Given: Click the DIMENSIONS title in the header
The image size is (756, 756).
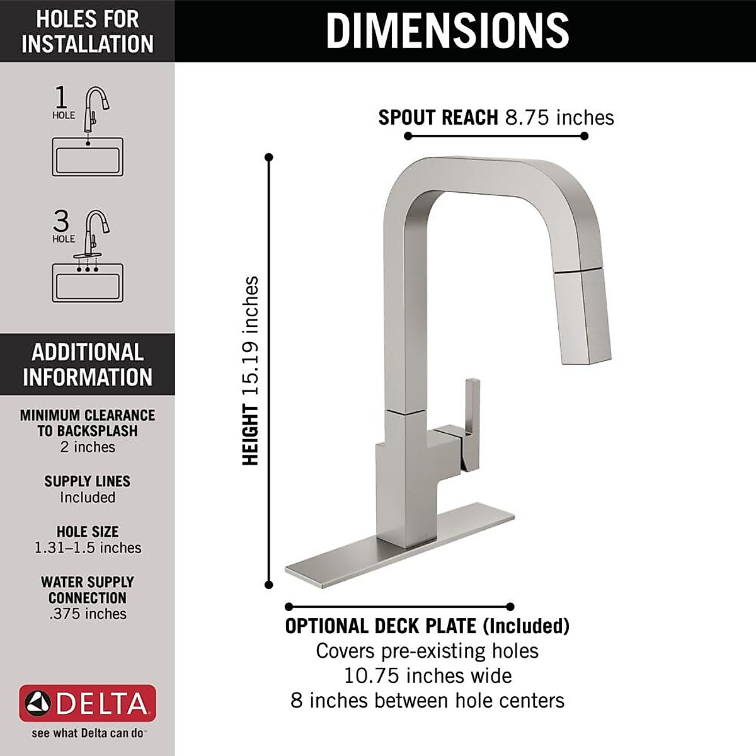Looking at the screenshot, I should click(447, 30).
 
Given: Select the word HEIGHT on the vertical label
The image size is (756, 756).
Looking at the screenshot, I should click(251, 435).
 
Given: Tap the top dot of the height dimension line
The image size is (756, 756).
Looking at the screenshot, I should click(269, 157).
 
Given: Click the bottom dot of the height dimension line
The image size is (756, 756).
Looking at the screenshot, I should click(269, 585).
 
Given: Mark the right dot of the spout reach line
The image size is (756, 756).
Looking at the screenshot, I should click(584, 136).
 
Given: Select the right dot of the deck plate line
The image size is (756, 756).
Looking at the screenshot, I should click(510, 607).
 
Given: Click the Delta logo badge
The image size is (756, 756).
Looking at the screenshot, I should click(88, 703).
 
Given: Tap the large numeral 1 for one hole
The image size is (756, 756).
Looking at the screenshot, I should click(61, 98).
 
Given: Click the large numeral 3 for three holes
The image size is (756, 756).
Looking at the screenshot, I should click(61, 221).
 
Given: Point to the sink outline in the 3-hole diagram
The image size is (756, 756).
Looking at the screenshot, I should click(88, 283).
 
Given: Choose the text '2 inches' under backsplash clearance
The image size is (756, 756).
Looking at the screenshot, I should click(88, 447).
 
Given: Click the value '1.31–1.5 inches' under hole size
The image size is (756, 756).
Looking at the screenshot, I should click(88, 548).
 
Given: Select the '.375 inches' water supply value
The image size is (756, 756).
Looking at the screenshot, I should click(88, 614).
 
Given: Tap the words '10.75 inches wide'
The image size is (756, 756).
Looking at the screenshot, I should click(427, 676).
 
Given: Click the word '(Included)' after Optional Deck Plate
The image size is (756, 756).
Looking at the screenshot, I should click(526, 626).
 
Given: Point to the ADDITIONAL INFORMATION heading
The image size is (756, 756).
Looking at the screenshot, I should click(88, 365).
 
